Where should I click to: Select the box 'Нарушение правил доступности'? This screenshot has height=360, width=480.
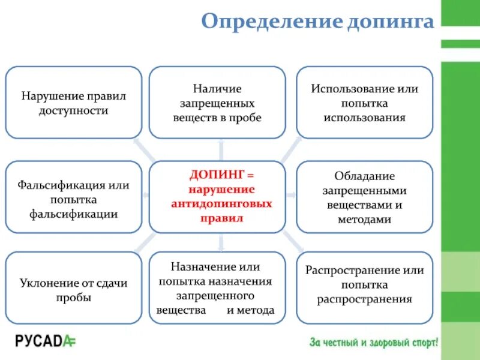pos(73,103)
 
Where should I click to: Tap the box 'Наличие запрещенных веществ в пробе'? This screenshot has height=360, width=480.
pos(217,103)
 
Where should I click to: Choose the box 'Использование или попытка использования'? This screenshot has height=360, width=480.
pos(364,103)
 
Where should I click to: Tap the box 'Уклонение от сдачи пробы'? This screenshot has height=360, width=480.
pos(73,290)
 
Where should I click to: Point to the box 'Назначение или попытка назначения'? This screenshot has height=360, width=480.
pos(217,289)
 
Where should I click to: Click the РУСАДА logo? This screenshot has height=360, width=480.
pos(46,341)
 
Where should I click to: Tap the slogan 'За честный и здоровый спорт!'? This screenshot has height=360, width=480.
pos(374,343)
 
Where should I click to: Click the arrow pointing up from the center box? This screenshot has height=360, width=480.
pos(221,150)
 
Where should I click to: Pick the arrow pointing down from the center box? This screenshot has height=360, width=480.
pos(221,242)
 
